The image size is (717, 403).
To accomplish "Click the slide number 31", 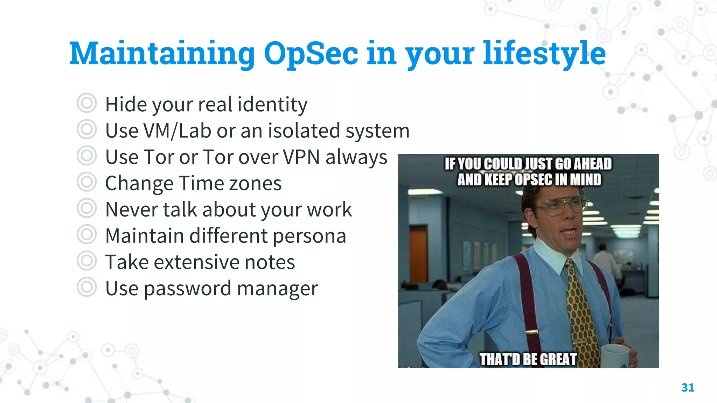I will [x=688, y=388].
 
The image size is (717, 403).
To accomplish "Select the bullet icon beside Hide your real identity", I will [x=86, y=103].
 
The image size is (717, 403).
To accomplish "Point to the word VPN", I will [x=301, y=157].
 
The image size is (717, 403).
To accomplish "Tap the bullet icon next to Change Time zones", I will [x=86, y=182].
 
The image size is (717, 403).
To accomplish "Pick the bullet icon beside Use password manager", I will [x=86, y=287].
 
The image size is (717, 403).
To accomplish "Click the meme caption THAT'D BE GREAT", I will [x=528, y=359].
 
